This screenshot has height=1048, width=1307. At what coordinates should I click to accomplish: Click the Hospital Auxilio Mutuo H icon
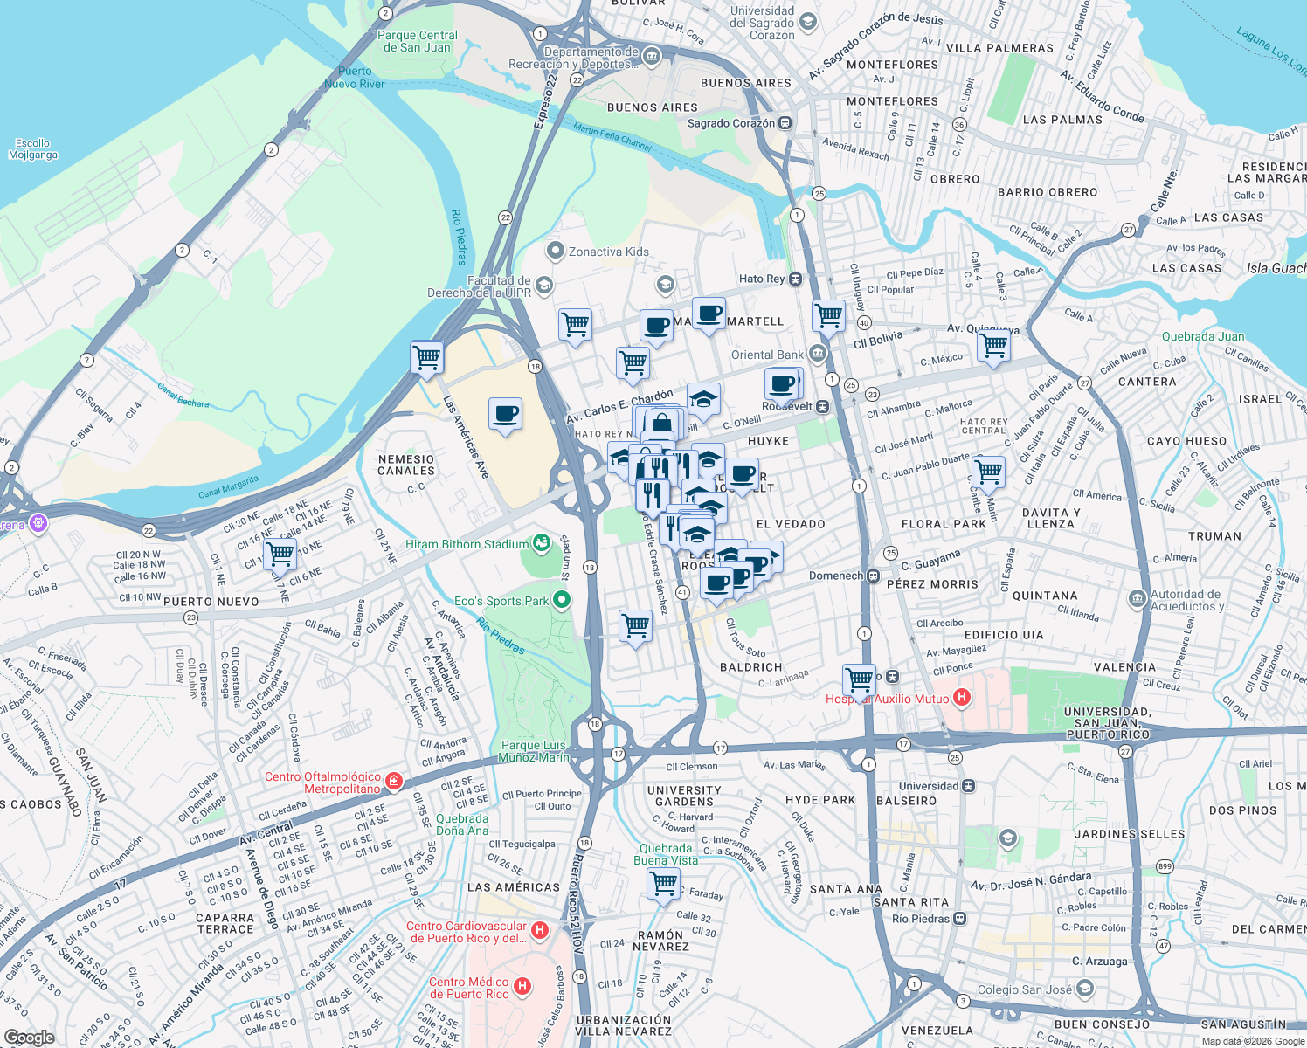tap(962, 697)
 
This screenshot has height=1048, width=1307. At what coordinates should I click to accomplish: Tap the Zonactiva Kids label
tap(608, 252)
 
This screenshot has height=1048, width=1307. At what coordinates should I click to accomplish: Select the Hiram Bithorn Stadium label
tap(467, 544)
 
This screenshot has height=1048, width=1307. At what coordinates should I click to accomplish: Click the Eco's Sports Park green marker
tap(562, 600)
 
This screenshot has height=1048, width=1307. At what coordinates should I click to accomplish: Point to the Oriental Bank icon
tap(818, 354)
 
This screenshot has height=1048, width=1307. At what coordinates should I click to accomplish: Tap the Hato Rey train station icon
tap(795, 279)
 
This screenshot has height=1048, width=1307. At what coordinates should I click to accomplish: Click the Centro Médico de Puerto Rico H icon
tap(522, 987)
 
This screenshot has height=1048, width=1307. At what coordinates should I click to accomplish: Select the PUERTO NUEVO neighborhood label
tap(211, 602)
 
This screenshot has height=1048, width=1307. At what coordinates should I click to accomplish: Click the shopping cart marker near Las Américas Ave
tap(427, 356)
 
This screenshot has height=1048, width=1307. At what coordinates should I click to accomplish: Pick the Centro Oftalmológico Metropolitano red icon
tap(394, 781)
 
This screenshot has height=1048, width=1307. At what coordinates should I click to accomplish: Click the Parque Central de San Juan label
tap(417, 41)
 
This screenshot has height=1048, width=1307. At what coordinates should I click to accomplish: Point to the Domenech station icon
tap(873, 576)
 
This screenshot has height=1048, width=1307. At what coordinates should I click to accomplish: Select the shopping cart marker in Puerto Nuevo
tap(280, 553)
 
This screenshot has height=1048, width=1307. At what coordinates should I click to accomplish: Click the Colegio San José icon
tap(1085, 989)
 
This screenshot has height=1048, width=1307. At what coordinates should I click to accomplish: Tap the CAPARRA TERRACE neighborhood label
tap(225, 923)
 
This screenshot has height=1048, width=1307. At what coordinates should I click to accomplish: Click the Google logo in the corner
tap(29, 1037)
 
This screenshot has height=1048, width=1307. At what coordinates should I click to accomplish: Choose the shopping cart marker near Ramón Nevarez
tap(663, 883)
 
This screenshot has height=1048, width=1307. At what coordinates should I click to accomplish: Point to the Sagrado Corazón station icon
tap(785, 123)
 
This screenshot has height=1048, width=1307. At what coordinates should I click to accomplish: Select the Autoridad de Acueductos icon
tap(1137, 598)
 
